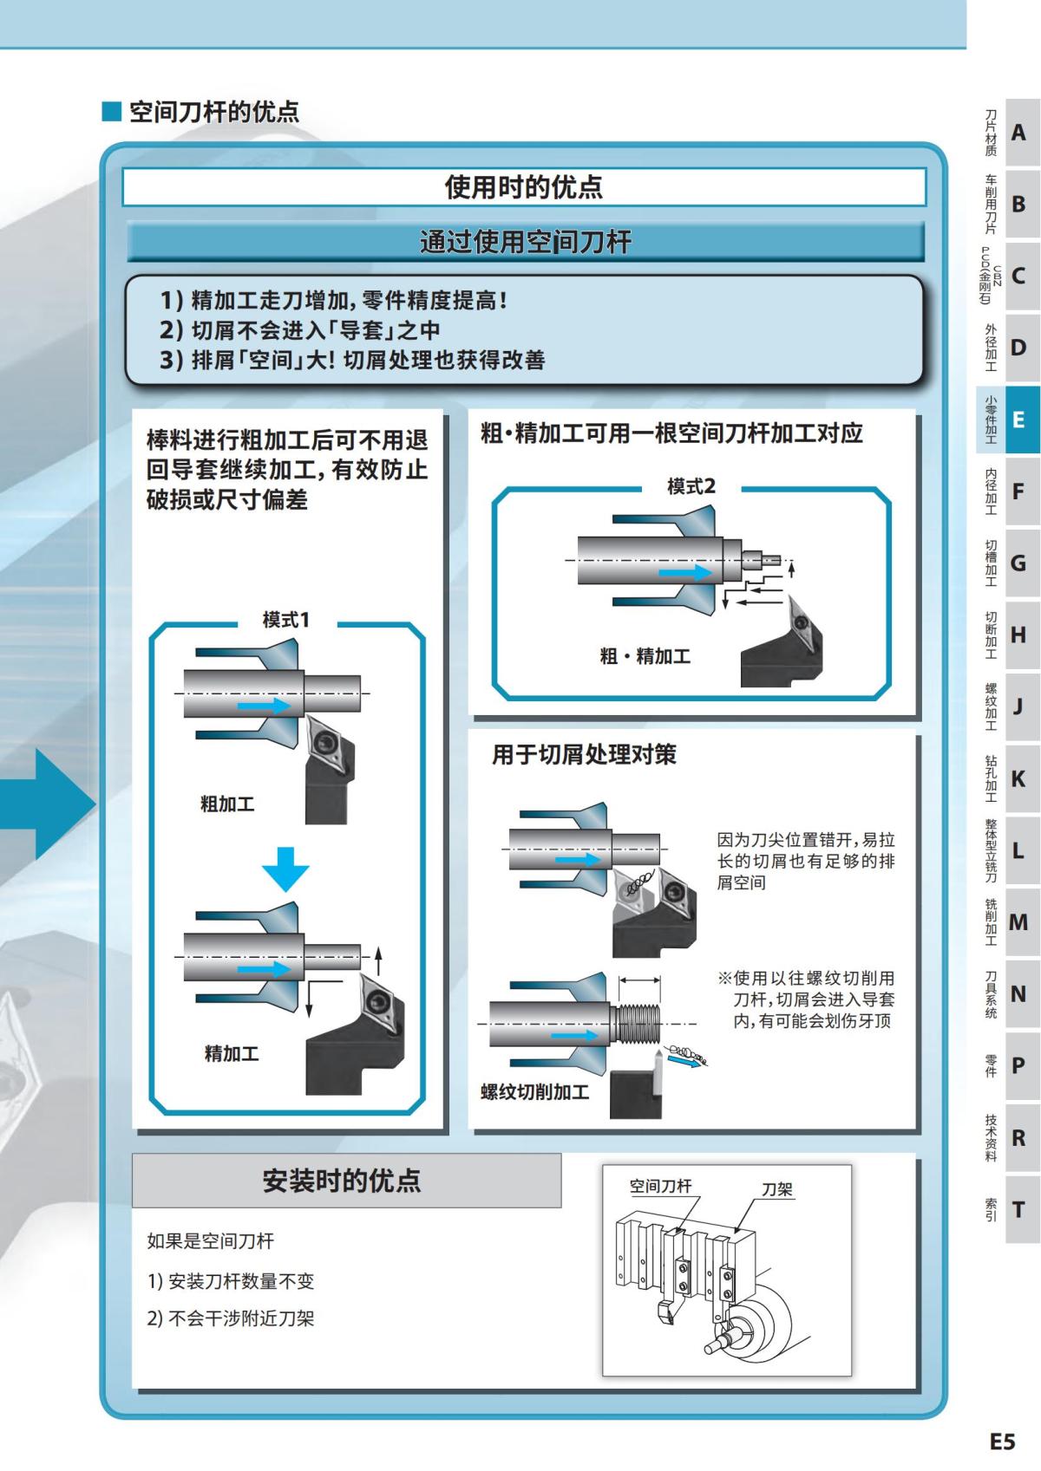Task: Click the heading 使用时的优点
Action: click(523, 187)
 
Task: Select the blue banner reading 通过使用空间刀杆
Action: click(525, 242)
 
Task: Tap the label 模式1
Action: click(285, 620)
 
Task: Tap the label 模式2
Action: click(691, 486)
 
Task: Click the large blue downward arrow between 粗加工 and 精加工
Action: click(285, 869)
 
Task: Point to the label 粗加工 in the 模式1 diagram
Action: click(227, 804)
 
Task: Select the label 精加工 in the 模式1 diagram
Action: click(232, 1053)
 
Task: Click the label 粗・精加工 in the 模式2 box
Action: click(645, 656)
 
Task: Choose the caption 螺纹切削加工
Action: click(534, 1091)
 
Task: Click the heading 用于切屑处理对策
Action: click(584, 754)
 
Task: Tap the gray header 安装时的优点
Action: click(342, 1181)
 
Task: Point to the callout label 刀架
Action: click(777, 1189)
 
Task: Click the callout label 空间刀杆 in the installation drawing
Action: click(660, 1186)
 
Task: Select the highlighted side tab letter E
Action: click(1018, 420)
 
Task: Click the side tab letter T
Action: click(1018, 1209)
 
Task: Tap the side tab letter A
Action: click(1018, 133)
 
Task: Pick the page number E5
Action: click(1002, 1441)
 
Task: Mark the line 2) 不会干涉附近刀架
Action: click(231, 1318)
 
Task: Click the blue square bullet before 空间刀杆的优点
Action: click(112, 111)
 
